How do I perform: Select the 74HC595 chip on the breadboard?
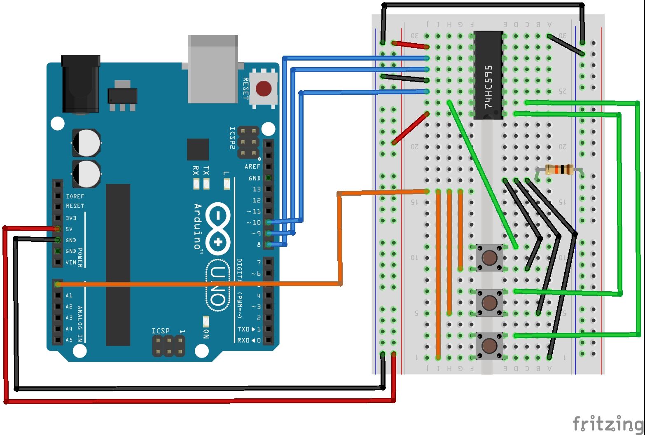pyautogui.click(x=488, y=75)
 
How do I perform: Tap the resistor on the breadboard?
pyautogui.click(x=559, y=169)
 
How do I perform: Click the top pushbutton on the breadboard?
pyautogui.click(x=489, y=258)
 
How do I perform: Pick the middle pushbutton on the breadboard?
pyautogui.click(x=489, y=302)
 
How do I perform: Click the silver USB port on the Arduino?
pyautogui.click(x=213, y=69)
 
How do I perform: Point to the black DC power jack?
pyautogui.click(x=80, y=84)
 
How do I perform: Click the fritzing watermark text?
pyautogui.click(x=608, y=423)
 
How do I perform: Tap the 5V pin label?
pyautogui.click(x=69, y=229)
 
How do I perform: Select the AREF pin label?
pyautogui.click(x=252, y=167)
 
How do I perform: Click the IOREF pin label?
pyautogui.click(x=75, y=196)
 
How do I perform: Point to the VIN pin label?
pyautogui.click(x=70, y=262)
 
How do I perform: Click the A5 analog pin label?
pyautogui.click(x=69, y=340)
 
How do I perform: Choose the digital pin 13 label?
pyautogui.click(x=257, y=189)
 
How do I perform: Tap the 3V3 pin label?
pyautogui.click(x=71, y=218)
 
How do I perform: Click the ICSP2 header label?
pyautogui.click(x=232, y=138)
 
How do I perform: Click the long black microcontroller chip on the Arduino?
pyautogui.click(x=118, y=264)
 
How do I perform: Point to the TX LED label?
pyautogui.click(x=206, y=170)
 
